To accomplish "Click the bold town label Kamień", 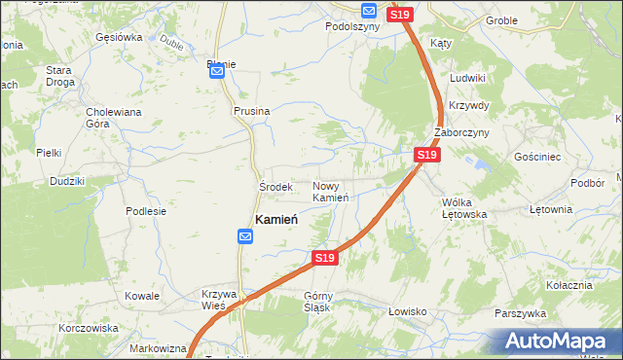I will coord(275,220).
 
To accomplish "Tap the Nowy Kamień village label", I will coord(331,192).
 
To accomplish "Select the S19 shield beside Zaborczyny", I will coord(426,155).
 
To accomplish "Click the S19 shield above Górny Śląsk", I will coord(325,258).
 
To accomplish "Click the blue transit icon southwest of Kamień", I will coord(246,236).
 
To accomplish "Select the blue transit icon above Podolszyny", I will coord(369,11).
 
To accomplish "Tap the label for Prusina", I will coord(251,111).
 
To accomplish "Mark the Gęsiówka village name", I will coord(119,38).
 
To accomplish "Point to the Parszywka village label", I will coord(520,313).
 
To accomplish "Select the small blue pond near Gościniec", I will coord(479,166).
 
